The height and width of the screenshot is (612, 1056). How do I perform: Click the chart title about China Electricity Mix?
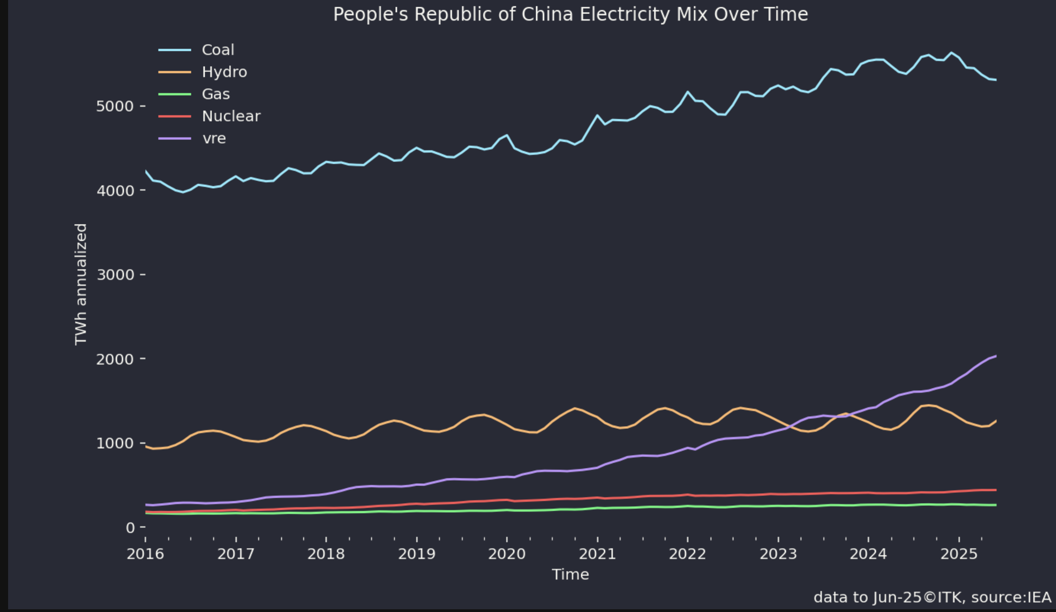pos(570,14)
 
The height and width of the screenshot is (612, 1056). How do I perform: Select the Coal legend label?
pos(218,49)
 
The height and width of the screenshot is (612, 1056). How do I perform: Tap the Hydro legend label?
pos(224,72)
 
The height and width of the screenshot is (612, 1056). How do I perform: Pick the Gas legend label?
pos(216,94)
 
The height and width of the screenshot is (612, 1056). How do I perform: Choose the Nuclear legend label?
pos(231,116)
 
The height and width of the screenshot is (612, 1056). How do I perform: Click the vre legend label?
pos(214,138)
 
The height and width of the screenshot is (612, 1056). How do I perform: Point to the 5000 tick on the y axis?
pos(115,106)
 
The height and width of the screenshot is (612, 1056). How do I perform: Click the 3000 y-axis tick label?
pos(115,274)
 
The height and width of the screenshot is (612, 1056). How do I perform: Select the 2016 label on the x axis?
pos(145,553)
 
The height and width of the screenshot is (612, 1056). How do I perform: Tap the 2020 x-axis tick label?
pos(507,553)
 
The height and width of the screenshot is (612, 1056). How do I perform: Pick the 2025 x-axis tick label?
pos(959,553)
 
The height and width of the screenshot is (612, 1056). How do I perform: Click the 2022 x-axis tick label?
pos(687,553)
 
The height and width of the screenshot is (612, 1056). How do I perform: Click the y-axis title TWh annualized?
pos(81,284)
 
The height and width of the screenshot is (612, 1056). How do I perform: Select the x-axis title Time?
pos(570,574)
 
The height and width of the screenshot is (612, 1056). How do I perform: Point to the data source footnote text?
pos(932,597)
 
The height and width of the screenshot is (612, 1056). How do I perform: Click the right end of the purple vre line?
pos(995,356)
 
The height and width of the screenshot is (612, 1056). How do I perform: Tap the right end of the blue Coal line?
pos(995,80)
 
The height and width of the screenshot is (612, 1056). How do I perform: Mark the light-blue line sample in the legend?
pos(175,50)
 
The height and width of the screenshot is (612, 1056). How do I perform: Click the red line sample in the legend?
pos(175,117)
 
